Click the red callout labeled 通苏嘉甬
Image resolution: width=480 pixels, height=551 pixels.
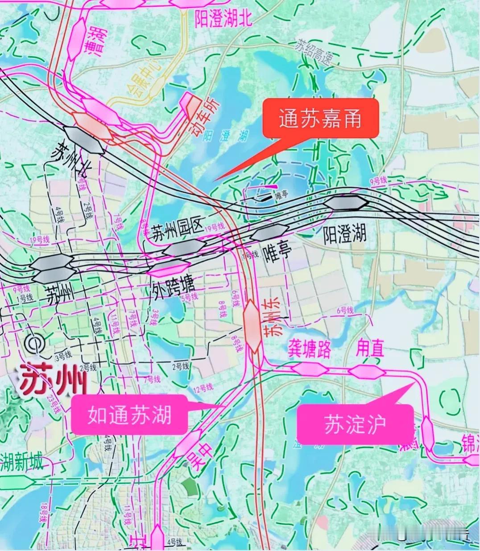[320, 119]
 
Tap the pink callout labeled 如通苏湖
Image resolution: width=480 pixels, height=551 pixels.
[129, 415]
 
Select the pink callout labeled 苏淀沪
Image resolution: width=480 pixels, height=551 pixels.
[355, 424]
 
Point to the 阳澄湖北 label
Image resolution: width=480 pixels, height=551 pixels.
[223, 19]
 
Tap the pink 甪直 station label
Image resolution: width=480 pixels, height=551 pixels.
[369, 349]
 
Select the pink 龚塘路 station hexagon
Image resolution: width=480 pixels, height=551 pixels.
[310, 369]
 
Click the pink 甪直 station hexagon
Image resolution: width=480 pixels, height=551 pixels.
[367, 371]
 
